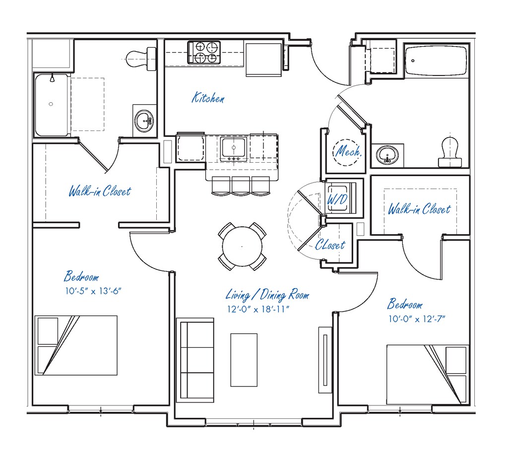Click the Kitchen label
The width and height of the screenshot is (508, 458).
coord(208,98)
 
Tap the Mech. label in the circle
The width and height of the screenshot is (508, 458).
coord(349,151)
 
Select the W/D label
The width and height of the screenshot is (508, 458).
coord(337,199)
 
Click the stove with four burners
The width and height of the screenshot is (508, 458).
coord(204,52)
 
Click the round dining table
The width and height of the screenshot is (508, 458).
coord(242,246)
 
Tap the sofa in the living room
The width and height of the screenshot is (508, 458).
coord(196,361)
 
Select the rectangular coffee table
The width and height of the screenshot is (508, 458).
coord(244,360)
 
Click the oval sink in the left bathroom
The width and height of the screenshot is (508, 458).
coord(144,120)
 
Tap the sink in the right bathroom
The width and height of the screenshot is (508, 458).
coord(386,155)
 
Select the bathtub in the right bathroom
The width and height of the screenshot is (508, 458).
coord(436,61)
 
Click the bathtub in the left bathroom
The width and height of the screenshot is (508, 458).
coord(51,105)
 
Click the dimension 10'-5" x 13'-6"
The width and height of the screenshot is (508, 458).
coord(93,291)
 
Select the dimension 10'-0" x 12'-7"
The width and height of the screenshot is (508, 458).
coord(417,319)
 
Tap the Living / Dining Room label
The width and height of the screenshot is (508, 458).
coord(267,295)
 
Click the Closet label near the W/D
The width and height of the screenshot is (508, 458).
coord(330,245)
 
